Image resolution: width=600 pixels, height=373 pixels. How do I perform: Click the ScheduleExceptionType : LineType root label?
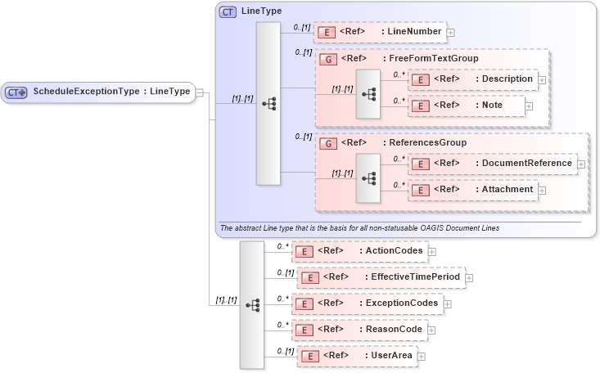(x=111, y=92)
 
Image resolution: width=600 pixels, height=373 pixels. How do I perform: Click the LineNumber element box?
(x=380, y=32)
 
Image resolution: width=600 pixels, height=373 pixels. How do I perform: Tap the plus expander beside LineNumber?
(x=450, y=33)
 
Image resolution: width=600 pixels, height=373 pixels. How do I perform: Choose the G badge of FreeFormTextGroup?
(x=327, y=59)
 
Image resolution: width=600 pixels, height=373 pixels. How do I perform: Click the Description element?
(x=473, y=79)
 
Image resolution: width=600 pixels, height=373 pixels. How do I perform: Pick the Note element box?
(x=467, y=106)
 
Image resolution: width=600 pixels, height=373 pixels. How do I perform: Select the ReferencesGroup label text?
(x=427, y=142)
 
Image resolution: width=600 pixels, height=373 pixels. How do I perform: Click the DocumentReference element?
(x=492, y=164)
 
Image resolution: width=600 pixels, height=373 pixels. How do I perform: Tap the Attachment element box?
(x=473, y=190)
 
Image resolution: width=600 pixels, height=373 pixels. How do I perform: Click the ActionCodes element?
(x=360, y=250)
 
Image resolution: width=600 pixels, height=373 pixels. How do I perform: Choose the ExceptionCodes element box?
(x=368, y=303)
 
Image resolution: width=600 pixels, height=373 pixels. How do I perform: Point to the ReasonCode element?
(x=360, y=330)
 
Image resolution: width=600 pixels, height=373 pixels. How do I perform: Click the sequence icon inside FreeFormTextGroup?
(x=368, y=93)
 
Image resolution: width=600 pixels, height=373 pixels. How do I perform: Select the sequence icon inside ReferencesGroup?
(x=368, y=178)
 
